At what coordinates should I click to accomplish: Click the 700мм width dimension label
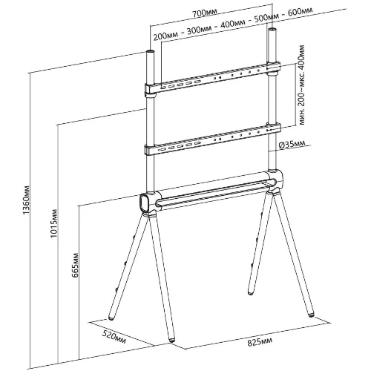pyautogui.click(x=205, y=13)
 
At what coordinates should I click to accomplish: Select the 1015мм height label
pyautogui.click(x=54, y=223)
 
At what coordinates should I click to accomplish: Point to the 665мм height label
pyautogui.click(x=75, y=265)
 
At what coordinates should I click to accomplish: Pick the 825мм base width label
pyautogui.click(x=260, y=342)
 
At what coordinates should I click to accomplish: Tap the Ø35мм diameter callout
pyautogui.click(x=292, y=145)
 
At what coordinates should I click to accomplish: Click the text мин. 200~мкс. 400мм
pyautogui.click(x=302, y=85)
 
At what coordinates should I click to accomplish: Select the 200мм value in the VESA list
pyautogui.click(x=165, y=36)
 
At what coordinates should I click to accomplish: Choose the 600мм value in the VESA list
pyautogui.click(x=300, y=11)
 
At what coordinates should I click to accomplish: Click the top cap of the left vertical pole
pyautogui.click(x=151, y=52)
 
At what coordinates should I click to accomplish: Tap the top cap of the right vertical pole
pyautogui.click(x=272, y=30)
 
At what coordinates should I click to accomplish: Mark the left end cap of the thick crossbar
pyautogui.click(x=143, y=203)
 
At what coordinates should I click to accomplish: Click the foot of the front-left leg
pyautogui.click(x=171, y=340)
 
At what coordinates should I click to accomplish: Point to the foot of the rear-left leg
pyautogui.click(x=111, y=318)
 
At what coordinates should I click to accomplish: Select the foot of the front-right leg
pyautogui.click(x=311, y=315)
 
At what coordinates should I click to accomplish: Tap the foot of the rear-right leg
pyautogui.click(x=251, y=293)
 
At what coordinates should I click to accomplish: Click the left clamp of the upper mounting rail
pyautogui.click(x=151, y=90)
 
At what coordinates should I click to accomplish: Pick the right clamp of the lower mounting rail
pyautogui.click(x=274, y=128)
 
